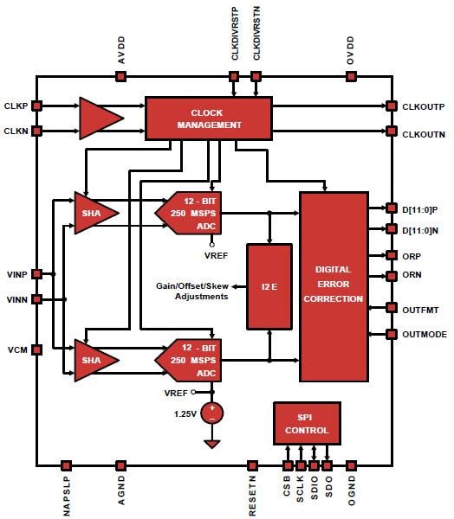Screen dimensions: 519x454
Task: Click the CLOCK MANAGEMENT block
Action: pos(209,118)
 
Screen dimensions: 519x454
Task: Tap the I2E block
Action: pos(269,286)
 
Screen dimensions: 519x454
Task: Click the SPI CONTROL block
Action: pos(306,423)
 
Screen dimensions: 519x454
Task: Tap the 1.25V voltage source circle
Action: pos(211,413)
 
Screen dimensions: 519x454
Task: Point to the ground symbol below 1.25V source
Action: pos(211,443)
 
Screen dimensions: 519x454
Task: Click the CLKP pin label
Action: pos(16,106)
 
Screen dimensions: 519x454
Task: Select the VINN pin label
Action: pos(16,299)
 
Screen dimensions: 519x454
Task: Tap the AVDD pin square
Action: pos(120,76)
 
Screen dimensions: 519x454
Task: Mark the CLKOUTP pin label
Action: pos(424,107)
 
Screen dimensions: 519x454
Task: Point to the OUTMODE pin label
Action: pos(425,334)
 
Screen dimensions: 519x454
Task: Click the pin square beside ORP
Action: pos(392,256)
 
